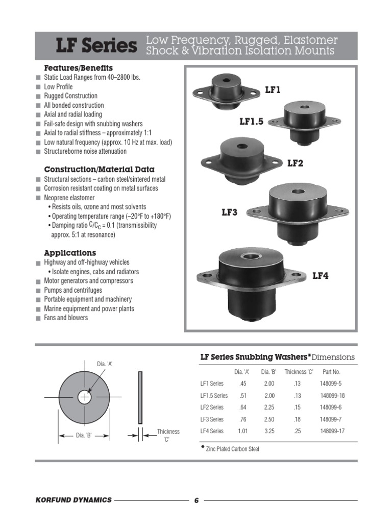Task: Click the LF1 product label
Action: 273,90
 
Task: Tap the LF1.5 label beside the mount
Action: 251,122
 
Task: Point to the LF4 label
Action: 321,276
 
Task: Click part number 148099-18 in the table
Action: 333,396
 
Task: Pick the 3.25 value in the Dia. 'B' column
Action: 269,431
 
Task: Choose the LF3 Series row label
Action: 212,419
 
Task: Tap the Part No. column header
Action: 331,372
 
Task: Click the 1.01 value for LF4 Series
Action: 243,431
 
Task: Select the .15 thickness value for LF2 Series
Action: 298,408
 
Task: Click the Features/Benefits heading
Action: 79,68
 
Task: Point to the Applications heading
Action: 70,253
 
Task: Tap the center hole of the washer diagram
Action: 84,397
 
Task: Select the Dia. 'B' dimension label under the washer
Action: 84,436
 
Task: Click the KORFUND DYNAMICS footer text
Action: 73,500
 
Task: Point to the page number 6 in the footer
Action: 196,501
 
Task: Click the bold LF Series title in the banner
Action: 96,46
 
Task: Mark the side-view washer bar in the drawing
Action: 140,397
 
